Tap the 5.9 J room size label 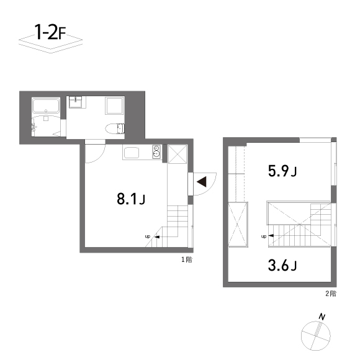(282, 171)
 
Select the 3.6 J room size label (282, 266)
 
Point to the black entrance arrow (201, 181)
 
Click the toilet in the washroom (116, 128)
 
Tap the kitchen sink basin (133, 153)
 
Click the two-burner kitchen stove (156, 152)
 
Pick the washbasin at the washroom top (77, 101)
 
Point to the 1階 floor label (186, 259)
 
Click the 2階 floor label (330, 293)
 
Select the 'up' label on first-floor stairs (148, 236)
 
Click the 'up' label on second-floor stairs (264, 236)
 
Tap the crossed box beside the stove (176, 153)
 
